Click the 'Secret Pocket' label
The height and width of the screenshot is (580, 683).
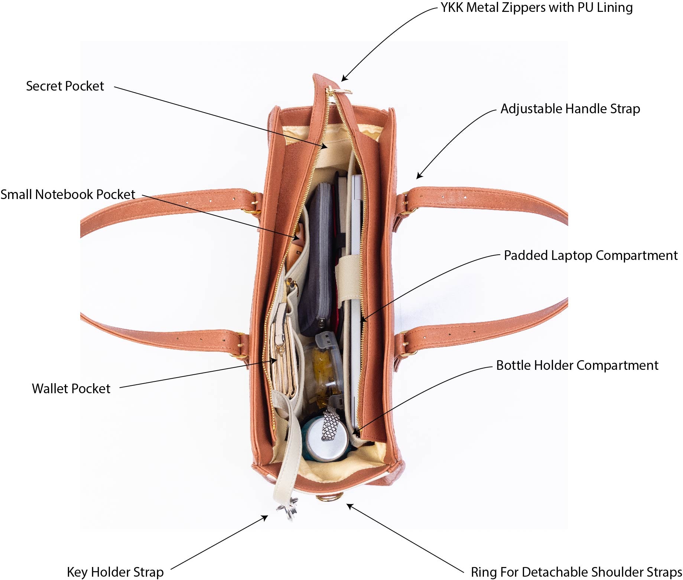pyautogui.click(x=65, y=86)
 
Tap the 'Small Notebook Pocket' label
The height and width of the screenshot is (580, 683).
pyautogui.click(x=68, y=195)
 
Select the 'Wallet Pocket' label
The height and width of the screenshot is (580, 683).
pyautogui.click(x=71, y=389)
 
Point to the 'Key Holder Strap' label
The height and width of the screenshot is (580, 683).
pyautogui.click(x=115, y=572)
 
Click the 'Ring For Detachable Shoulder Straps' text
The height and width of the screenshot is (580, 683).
pyautogui.click(x=576, y=572)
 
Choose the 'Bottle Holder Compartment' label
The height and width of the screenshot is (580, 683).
pyautogui.click(x=577, y=365)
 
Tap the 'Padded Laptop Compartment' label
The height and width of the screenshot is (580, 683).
pyautogui.click(x=591, y=255)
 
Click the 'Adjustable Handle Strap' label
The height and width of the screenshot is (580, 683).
pyautogui.click(x=570, y=109)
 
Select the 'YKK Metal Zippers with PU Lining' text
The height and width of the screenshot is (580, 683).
pyautogui.click(x=537, y=7)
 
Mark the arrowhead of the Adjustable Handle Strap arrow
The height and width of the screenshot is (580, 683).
pyautogui.click(x=419, y=176)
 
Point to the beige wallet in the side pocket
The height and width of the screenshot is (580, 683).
pyautogui.click(x=283, y=356)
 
